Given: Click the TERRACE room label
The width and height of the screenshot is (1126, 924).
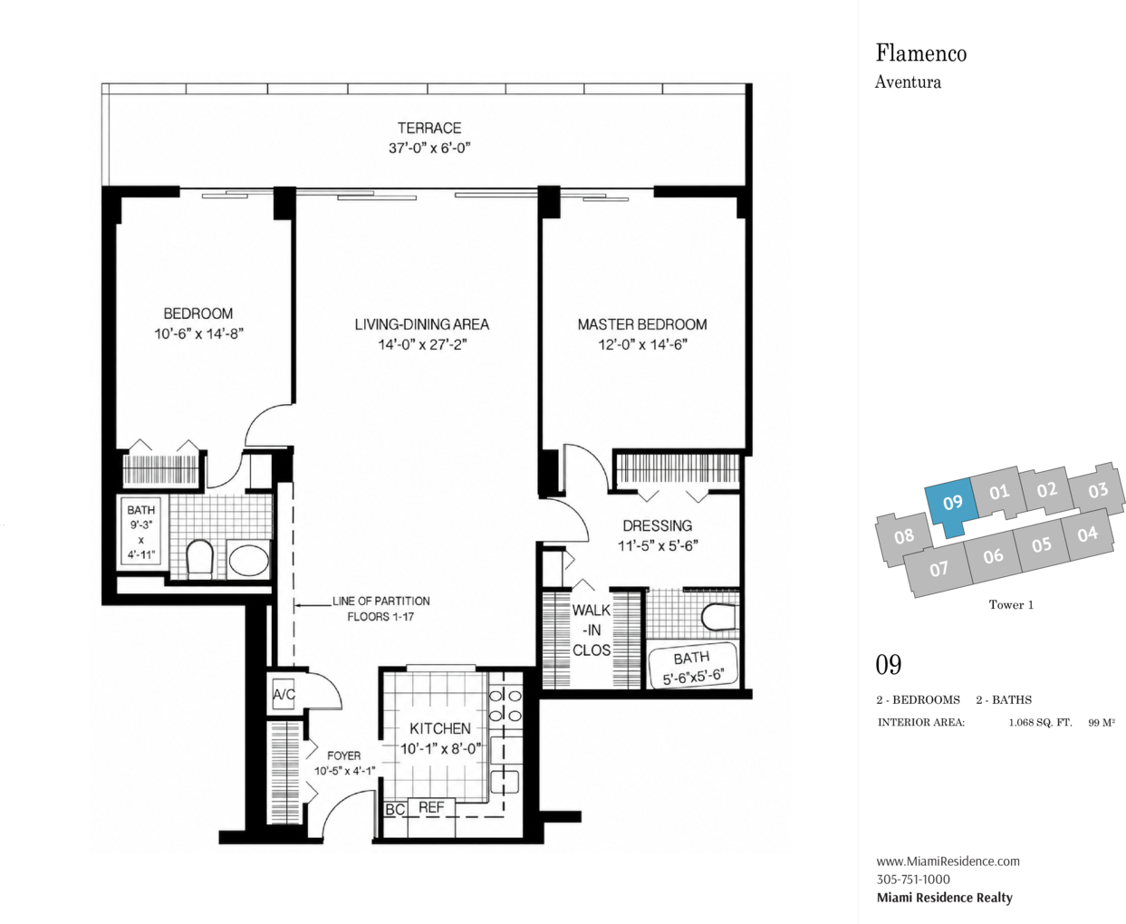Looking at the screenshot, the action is [x=429, y=128].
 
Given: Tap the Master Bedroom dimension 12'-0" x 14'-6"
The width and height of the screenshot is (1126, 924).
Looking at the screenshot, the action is [x=642, y=345].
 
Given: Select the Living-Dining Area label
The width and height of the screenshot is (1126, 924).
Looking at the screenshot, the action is [x=422, y=324].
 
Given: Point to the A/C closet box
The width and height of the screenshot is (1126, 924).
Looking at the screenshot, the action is [x=284, y=694].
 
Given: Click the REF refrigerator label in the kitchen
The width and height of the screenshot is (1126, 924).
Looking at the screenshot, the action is [x=431, y=808].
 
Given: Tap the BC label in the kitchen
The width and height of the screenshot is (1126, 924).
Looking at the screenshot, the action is [x=395, y=810].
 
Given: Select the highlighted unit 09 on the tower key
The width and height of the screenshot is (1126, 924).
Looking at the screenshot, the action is [x=952, y=503].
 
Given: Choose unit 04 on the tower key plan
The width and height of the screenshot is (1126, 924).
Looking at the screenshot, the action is [x=1088, y=534].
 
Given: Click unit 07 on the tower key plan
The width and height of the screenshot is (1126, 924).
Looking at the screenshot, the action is [x=938, y=569].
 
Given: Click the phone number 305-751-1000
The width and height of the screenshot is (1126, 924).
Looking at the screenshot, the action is [x=913, y=880].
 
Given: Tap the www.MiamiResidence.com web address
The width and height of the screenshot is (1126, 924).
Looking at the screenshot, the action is [x=948, y=861].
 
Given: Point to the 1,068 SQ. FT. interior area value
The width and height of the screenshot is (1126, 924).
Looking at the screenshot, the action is [x=1040, y=723].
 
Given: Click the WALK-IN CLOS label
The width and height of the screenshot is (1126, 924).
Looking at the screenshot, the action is [x=591, y=630].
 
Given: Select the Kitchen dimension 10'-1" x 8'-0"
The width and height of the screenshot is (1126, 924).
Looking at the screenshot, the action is [x=440, y=749].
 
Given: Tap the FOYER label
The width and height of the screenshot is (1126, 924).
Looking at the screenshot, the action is [x=344, y=756].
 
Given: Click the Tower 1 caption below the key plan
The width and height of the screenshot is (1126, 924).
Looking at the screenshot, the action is [x=1011, y=605].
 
